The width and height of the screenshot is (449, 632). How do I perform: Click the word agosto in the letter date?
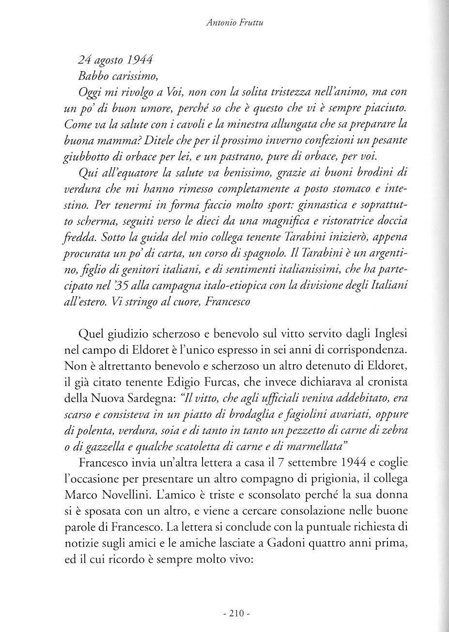[x=109, y=60]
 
